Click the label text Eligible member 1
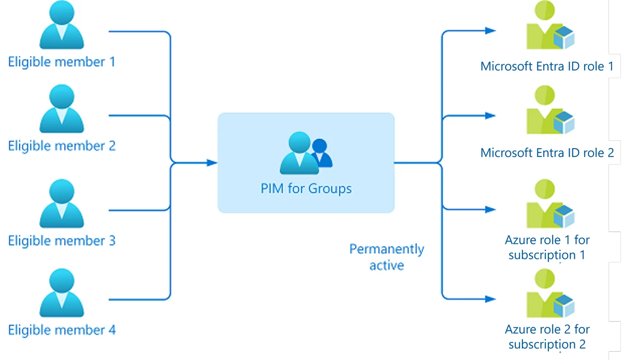point(62,62)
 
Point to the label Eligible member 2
point(62,146)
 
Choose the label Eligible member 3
point(62,241)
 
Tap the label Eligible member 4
point(62,330)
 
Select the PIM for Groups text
point(306,188)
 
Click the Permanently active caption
point(387,257)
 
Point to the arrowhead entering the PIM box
point(211,163)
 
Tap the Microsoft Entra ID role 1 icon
point(549,31)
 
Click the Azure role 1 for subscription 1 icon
point(549,205)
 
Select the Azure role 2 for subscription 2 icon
point(549,294)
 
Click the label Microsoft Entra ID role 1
point(547,66)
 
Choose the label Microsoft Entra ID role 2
point(547,153)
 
